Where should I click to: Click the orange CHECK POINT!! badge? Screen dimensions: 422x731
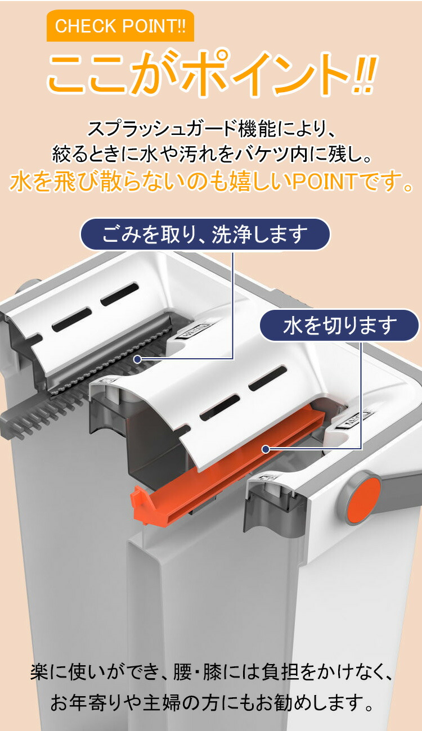[120, 26]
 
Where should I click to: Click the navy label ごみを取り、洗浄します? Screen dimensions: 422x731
[205, 234]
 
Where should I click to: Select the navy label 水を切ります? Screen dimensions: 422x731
[339, 326]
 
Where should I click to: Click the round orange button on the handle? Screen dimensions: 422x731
[363, 497]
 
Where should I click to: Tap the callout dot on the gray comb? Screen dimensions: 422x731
[138, 359]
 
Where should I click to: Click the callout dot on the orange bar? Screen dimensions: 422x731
[266, 449]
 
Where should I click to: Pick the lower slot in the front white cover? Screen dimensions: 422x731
[219, 408]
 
